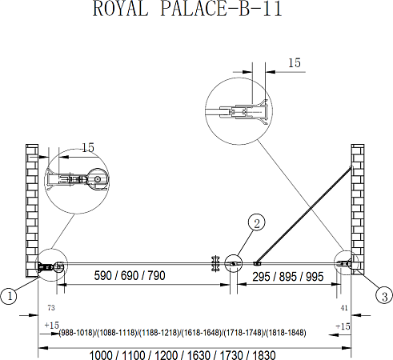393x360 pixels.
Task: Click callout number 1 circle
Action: coord(10,297)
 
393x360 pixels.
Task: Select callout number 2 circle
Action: coord(255,223)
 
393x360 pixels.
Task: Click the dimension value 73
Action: coord(50,307)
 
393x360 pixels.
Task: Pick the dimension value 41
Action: coord(343,307)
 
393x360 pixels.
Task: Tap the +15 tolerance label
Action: coord(53,326)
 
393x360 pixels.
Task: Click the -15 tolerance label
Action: coord(343,326)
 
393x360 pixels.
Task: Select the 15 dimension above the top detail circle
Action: coord(294,62)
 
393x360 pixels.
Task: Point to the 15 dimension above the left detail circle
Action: coord(87,148)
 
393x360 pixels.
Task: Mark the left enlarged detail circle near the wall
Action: coord(76,181)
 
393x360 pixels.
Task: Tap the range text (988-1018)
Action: coord(78,333)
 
